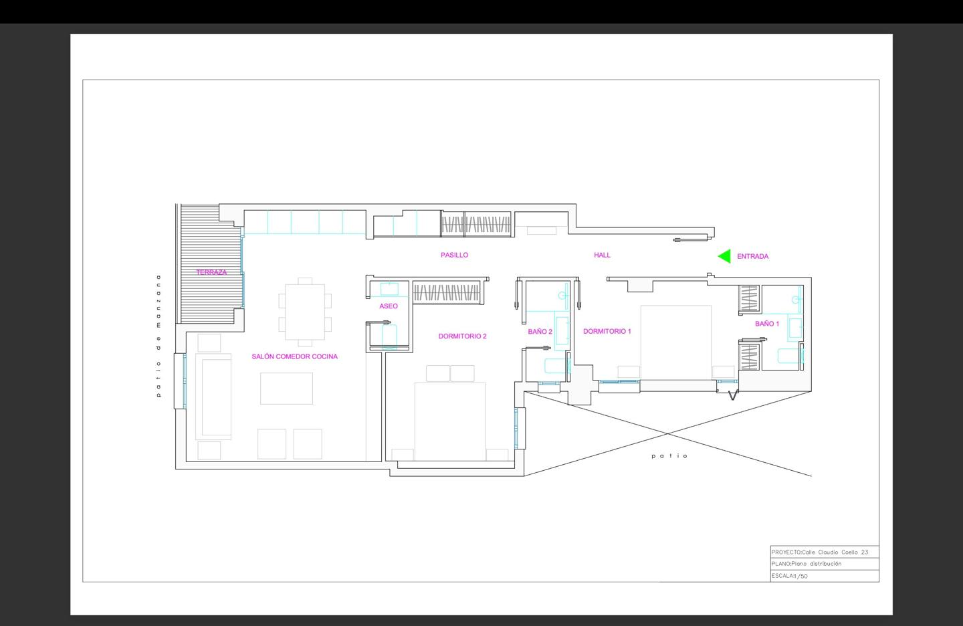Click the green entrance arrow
point(724,256)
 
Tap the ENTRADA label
point(753,256)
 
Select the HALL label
point(602,255)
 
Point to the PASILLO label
point(455,255)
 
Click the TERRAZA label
point(211,272)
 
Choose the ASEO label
point(388,306)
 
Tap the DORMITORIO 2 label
point(463,336)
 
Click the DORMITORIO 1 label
point(607,331)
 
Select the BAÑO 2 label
point(540,332)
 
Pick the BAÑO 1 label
point(767,324)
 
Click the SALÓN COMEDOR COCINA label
point(294,356)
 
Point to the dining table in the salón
point(305,312)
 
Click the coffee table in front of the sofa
point(286,388)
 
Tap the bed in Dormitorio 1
point(676,342)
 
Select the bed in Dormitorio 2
point(449,421)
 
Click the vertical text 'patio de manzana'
point(158,336)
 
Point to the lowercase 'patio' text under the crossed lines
point(669,456)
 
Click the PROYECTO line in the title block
point(820,552)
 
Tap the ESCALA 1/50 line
point(789,576)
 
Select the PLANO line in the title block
point(807,564)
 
